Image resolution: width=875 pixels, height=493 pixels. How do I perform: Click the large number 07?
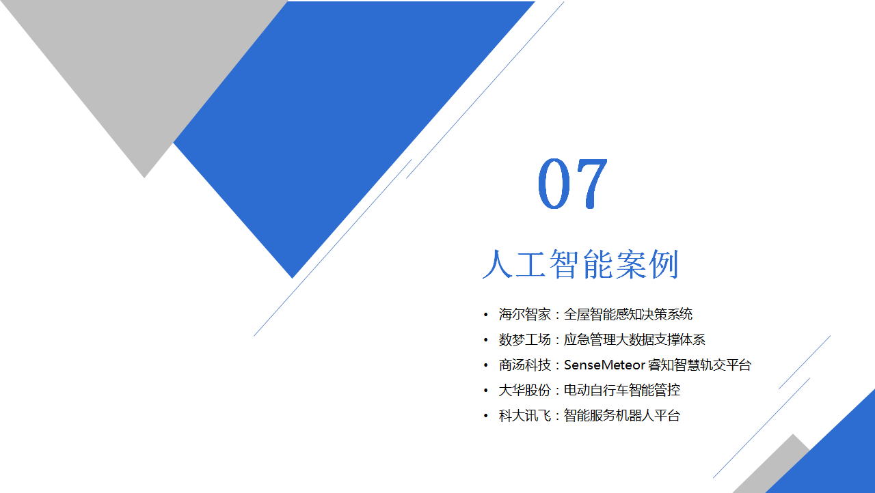pos(572,183)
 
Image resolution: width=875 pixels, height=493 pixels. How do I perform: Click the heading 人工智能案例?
pos(581,264)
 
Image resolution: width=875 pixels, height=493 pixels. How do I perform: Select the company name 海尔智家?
pos(524,314)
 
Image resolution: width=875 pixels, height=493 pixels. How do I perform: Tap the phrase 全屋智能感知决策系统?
pos(628,314)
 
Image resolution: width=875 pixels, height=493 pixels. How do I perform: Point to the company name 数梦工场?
pos(524,340)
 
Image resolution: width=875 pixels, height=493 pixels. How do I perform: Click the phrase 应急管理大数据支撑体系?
pos(634,340)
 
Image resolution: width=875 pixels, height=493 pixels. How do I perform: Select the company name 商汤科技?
pos(524,365)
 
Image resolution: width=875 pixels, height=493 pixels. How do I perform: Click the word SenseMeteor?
pos(604,365)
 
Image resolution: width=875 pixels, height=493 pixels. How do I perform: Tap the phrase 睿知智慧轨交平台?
pos(699,365)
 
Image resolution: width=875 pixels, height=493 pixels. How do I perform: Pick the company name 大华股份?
pos(524,391)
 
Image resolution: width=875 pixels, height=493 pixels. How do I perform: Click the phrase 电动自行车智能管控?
pos(622,391)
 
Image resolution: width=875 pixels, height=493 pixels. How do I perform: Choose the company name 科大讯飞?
pos(524,416)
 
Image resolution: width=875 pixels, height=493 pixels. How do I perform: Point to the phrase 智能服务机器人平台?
pos(622,416)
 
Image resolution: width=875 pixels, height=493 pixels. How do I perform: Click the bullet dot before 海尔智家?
pos(485,314)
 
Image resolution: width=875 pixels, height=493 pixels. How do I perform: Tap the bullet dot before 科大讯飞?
pos(485,416)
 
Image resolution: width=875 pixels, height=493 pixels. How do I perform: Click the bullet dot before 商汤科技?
pos(485,365)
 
